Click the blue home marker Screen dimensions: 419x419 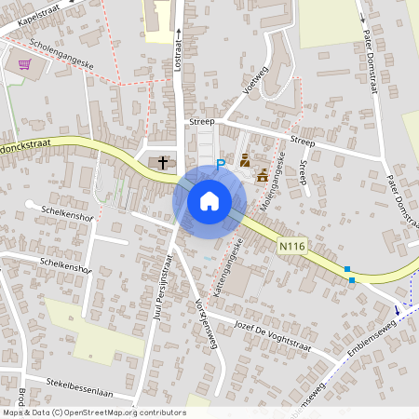tap(209, 200)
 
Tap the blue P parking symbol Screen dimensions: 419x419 tap(221, 164)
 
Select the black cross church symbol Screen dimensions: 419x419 tap(163, 163)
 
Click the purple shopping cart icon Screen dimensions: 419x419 tap(24, 64)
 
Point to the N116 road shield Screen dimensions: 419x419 tap(291, 246)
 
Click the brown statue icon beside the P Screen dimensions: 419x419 tap(244, 161)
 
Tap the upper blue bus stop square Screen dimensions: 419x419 tap(347, 268)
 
